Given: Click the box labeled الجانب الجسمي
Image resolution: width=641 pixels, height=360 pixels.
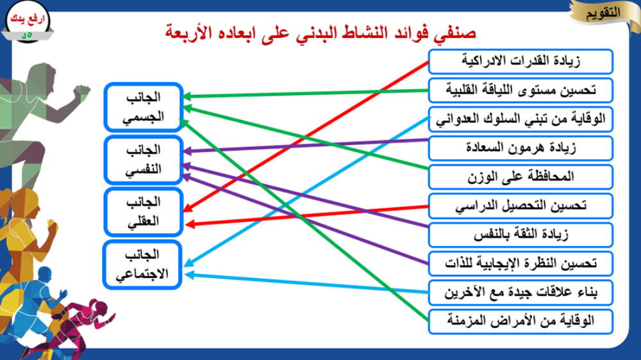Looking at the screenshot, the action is click(x=143, y=107).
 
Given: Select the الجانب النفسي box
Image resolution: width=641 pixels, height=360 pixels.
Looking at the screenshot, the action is click(x=143, y=160).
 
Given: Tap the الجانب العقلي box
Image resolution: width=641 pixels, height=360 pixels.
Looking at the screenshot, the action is click(x=143, y=212).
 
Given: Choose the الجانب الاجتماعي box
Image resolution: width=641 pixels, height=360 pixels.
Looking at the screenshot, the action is click(x=142, y=265).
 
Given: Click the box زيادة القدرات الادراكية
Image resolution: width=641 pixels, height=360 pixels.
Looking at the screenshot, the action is click(x=520, y=61).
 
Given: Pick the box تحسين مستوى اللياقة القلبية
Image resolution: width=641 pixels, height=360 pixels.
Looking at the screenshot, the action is click(x=520, y=90).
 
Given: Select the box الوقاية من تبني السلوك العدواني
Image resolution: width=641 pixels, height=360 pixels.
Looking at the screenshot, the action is click(x=520, y=119).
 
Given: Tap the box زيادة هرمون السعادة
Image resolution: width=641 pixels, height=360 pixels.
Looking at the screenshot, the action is click(x=520, y=148).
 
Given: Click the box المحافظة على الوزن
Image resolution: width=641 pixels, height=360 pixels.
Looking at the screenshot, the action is click(x=520, y=177).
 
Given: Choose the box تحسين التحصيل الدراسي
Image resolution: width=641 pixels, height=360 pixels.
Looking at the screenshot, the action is click(x=520, y=206).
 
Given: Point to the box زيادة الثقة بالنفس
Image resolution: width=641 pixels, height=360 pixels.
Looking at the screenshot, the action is click(x=520, y=234).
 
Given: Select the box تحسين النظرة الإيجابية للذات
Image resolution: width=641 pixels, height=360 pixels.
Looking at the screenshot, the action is click(x=520, y=263).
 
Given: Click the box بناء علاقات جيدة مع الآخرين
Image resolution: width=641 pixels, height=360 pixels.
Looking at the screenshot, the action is click(x=520, y=293).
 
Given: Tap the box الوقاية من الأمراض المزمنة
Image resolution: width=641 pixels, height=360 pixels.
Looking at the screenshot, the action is click(x=520, y=322).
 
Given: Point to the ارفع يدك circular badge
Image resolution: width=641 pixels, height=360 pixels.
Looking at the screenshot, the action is click(x=28, y=22).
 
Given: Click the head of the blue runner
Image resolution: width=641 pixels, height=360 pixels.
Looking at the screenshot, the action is click(x=45, y=274).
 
